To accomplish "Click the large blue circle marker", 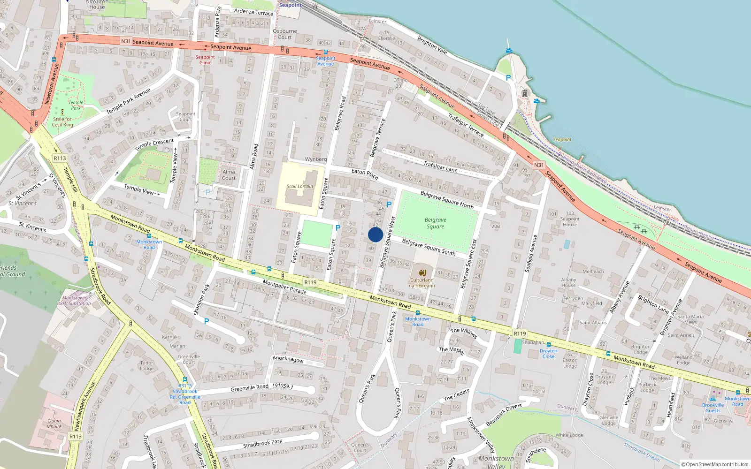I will [x=375, y=234].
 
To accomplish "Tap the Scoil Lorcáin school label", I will [x=299, y=186].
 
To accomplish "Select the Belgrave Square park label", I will [x=435, y=223].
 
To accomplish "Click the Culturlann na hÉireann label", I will [x=421, y=283].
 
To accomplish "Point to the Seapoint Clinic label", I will [x=205, y=60].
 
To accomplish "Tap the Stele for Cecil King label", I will [x=62, y=122].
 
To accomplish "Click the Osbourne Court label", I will [x=285, y=34].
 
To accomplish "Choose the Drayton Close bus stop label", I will [x=548, y=353].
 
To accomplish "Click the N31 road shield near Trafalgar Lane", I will [x=539, y=165].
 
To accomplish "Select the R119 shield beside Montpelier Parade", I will [x=310, y=282].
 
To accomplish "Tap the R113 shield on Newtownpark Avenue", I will [x=76, y=436].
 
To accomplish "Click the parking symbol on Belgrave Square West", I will [x=389, y=204].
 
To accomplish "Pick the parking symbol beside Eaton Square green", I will [x=337, y=228].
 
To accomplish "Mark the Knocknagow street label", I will [x=288, y=359].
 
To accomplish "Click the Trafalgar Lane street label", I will [x=440, y=166].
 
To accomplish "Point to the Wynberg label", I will [x=316, y=159].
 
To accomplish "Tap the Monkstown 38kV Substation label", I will [x=74, y=301].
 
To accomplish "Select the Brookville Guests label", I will [x=713, y=408].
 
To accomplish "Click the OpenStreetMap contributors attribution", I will [x=715, y=464].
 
